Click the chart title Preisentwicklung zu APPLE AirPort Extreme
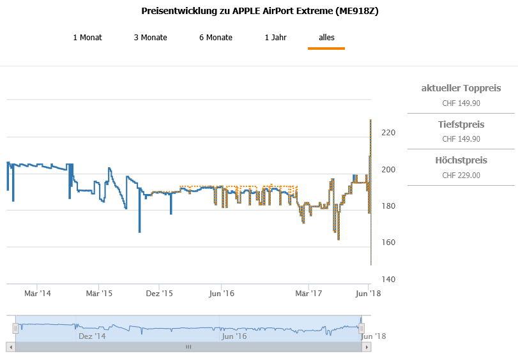click(x=259, y=11)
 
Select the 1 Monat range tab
click(x=88, y=38)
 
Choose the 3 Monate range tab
click(x=150, y=38)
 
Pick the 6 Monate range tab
click(x=216, y=38)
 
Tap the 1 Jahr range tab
click(x=275, y=38)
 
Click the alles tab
click(x=326, y=38)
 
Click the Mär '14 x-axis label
click(x=38, y=294)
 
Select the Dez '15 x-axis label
click(x=160, y=294)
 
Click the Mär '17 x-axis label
click(x=309, y=294)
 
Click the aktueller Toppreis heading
click(x=461, y=88)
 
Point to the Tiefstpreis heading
click(x=461, y=124)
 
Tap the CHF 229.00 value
click(x=461, y=176)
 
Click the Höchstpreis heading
click(x=461, y=160)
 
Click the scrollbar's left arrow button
click(x=10, y=347)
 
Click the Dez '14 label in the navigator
click(x=92, y=336)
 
